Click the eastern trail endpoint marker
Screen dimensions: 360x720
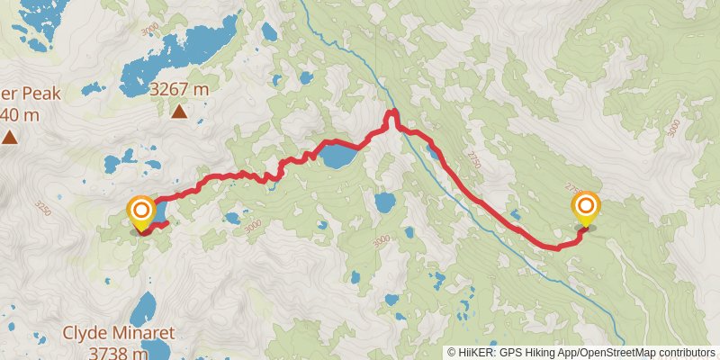587,209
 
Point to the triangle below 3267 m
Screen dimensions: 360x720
179,112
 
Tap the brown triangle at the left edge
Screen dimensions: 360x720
9,137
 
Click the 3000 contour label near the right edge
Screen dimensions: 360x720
676,128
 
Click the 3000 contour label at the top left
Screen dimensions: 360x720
150,29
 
